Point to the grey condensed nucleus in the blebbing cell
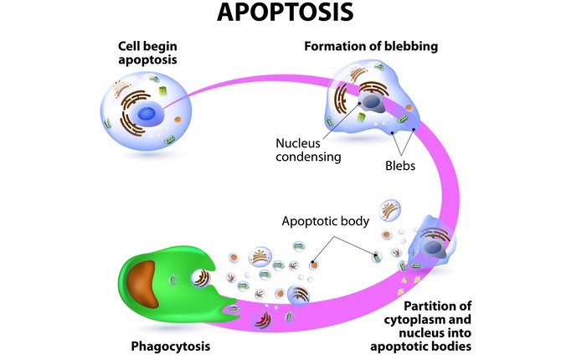(372, 103)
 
